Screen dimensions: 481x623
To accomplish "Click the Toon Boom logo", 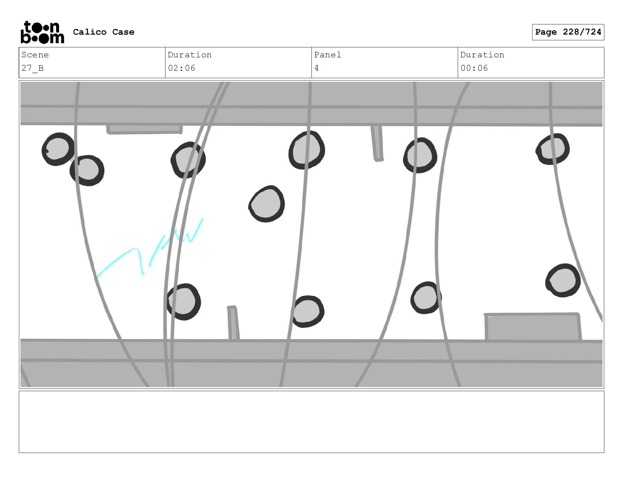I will [42, 32].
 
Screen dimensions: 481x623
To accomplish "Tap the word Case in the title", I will [123, 32].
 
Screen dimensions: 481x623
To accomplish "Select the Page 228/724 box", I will [568, 32].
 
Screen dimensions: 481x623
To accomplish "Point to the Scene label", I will [35, 55].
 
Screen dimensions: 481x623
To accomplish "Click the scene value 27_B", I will [33, 68].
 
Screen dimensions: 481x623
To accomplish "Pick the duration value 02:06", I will [181, 68].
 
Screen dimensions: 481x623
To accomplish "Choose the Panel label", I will [328, 55].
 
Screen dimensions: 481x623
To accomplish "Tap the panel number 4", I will [317, 68].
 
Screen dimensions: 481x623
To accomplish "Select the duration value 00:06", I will [474, 68].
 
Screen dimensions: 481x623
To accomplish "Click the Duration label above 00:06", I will [482, 55].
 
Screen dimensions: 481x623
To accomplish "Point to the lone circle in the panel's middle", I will [267, 204].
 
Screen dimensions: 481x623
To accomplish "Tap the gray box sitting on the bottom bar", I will [533, 327].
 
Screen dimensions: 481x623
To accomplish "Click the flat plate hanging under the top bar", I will [144, 129].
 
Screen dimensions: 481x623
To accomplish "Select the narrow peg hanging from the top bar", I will [377, 143].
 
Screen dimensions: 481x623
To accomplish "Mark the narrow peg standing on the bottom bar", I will [233, 323].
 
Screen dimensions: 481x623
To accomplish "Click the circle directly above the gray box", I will [563, 281].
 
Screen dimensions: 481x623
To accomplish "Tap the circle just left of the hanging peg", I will [307, 150].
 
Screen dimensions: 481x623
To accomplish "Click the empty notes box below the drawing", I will [311, 422].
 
